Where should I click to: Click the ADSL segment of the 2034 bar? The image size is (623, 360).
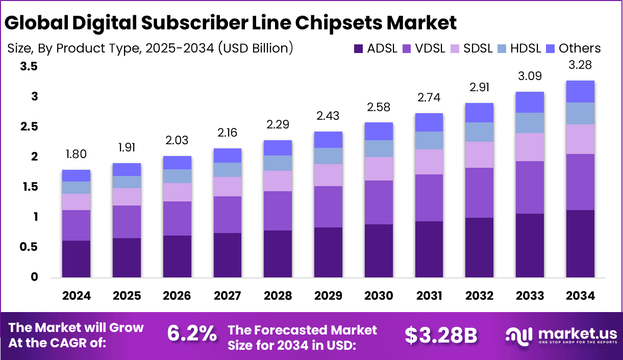pyautogui.click(x=580, y=244)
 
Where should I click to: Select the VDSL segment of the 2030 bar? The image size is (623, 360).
pyautogui.click(x=379, y=202)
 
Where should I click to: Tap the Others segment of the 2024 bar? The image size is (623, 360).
pyautogui.click(x=76, y=176)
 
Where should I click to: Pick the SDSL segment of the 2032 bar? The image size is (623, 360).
pyautogui.click(x=479, y=155)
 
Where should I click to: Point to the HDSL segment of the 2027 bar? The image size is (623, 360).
pyautogui.click(x=228, y=170)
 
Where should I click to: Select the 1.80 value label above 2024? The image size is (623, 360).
pyautogui.click(x=76, y=153)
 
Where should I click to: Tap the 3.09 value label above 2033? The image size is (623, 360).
pyautogui.click(x=530, y=76)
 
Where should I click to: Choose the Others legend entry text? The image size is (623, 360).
pyautogui.click(x=580, y=48)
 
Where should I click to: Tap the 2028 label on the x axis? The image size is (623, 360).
pyautogui.click(x=278, y=296)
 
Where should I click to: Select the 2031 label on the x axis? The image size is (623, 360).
pyautogui.click(x=429, y=296)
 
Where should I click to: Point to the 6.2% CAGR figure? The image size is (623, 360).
pyautogui.click(x=191, y=334)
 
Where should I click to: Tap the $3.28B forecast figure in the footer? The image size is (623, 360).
pyautogui.click(x=441, y=335)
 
